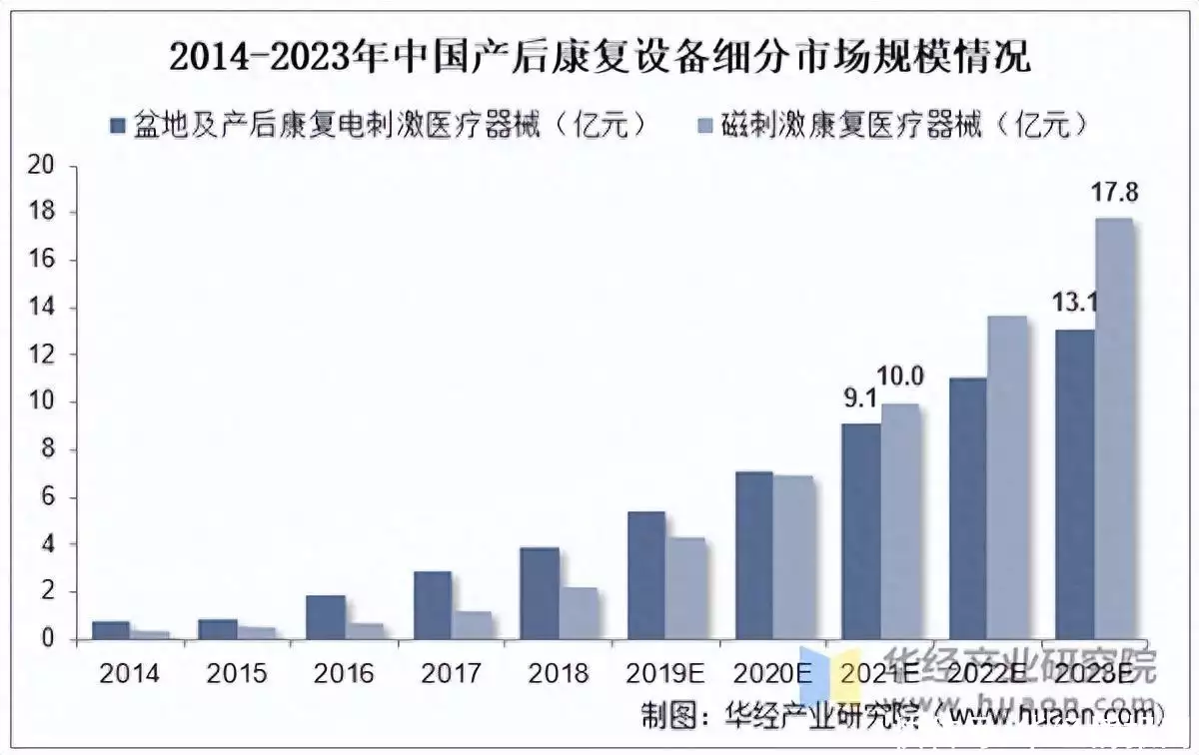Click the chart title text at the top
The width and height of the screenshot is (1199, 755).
(x=599, y=57)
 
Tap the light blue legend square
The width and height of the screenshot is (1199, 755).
(x=702, y=125)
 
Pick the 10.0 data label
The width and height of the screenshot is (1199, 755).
(x=901, y=377)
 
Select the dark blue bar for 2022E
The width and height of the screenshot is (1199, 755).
(x=967, y=509)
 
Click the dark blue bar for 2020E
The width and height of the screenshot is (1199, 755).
(x=753, y=555)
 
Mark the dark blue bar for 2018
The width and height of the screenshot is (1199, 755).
(x=540, y=593)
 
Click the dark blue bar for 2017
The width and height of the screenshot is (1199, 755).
(x=433, y=605)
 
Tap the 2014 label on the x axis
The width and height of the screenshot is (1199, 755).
(x=130, y=674)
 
